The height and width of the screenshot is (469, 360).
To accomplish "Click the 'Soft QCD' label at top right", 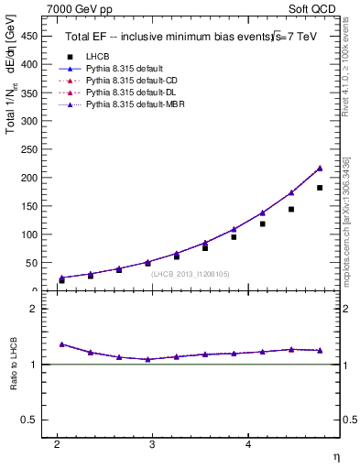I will (x=313, y=8).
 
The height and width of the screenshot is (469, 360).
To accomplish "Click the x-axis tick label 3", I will (x=152, y=444).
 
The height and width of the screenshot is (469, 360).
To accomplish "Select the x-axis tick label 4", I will (x=248, y=444).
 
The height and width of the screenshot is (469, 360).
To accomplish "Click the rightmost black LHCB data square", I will (x=320, y=188).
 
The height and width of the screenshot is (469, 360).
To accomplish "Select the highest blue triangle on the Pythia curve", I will (x=320, y=168).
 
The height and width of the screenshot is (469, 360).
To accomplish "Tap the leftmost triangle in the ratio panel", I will (x=61, y=344).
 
